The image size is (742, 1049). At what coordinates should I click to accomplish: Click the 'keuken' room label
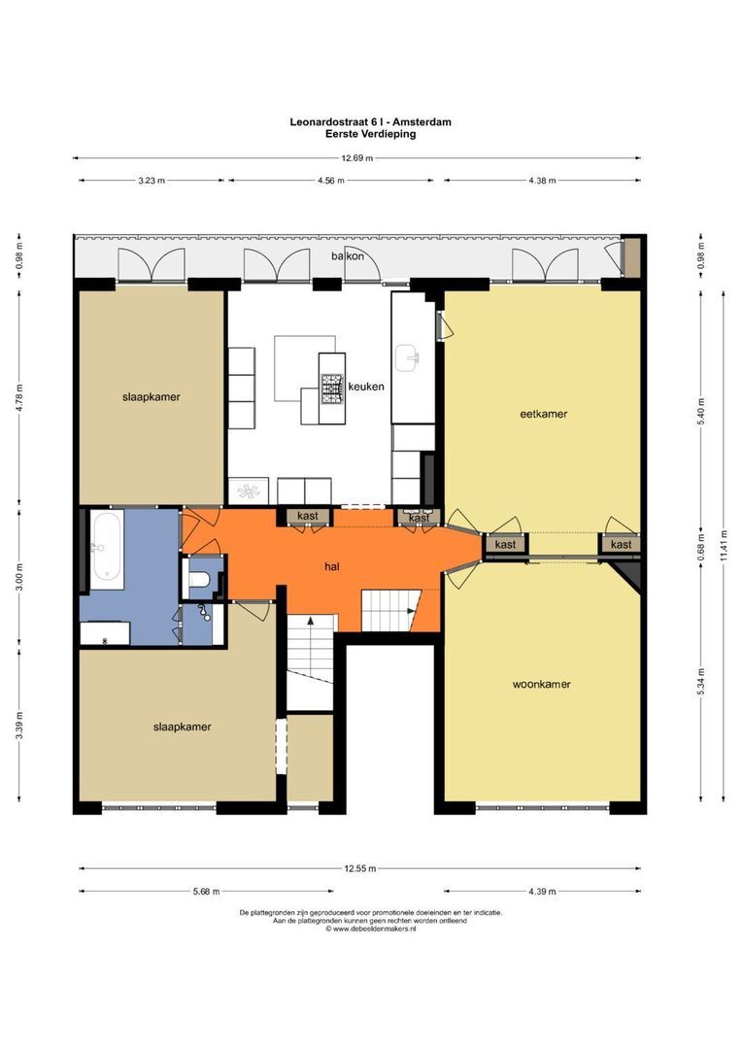coord(366,386)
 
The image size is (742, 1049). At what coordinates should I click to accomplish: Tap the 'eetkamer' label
coord(543,414)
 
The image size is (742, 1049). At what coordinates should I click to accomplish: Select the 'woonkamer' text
coord(541,685)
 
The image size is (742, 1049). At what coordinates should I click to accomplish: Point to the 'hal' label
coord(332,566)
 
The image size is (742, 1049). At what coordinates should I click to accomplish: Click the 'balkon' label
coord(348,255)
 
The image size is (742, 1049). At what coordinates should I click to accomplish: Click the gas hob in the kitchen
coord(331,389)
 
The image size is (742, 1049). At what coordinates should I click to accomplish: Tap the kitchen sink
coord(407,357)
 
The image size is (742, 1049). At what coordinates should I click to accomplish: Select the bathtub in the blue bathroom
coord(107,551)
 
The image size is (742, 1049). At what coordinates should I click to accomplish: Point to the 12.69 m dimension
coord(356,158)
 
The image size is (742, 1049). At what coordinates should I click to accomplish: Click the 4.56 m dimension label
coord(330,181)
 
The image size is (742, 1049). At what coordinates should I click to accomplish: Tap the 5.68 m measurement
coord(206,891)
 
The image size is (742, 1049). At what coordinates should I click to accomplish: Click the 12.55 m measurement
coord(360,869)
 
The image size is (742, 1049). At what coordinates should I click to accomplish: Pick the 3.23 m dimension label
coord(152,181)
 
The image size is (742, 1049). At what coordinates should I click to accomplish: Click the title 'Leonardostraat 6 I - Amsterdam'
coord(370,121)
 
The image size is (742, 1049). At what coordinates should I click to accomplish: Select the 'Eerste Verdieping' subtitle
coord(370,134)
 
